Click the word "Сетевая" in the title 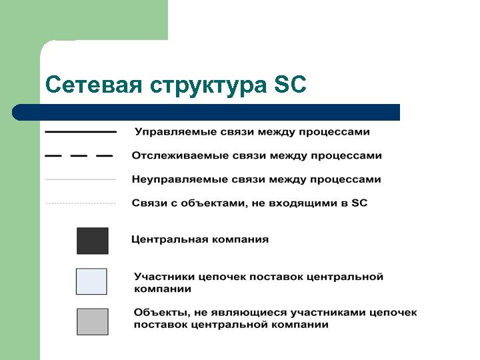tap(94, 85)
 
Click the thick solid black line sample tap(81, 132)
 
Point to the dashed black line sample tap(79, 156)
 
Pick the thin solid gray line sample tap(81, 179)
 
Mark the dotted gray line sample tap(81, 203)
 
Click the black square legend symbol tap(92, 241)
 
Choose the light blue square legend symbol tap(91, 281)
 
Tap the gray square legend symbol tap(92, 321)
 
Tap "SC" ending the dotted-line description tap(359, 203)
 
